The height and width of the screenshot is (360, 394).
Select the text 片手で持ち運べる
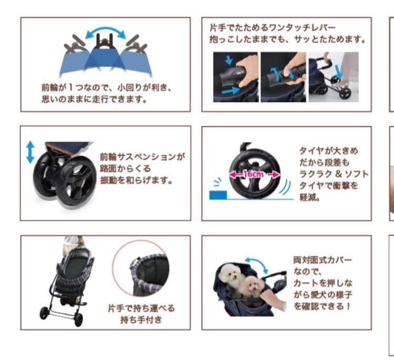pyautogui.click(x=141, y=308)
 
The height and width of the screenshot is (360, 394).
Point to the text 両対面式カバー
pyautogui.click(x=323, y=260)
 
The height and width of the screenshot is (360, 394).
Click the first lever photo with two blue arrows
pyautogui.click(x=236, y=77)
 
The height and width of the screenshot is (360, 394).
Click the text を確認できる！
pyautogui.click(x=322, y=306)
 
